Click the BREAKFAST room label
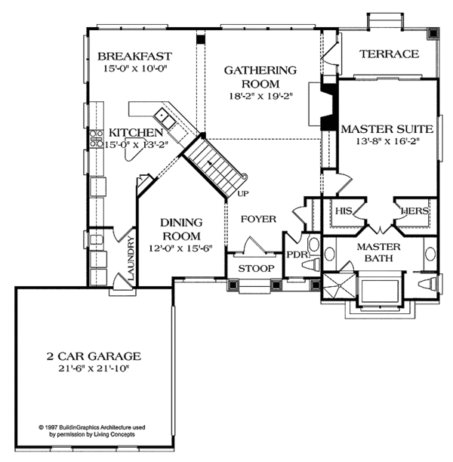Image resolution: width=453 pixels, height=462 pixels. (x=134, y=56)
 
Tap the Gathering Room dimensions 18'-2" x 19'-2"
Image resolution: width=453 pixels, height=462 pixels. (x=260, y=97)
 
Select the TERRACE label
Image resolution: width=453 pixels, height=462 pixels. (x=389, y=54)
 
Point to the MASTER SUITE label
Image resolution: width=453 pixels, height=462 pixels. (x=387, y=129)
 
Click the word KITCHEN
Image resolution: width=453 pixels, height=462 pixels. (x=136, y=133)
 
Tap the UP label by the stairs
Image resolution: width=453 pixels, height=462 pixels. (x=243, y=193)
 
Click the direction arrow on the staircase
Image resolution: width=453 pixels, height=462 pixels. (x=210, y=162)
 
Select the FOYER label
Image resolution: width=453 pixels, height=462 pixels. (x=258, y=219)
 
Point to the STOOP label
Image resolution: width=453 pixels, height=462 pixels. (x=256, y=269)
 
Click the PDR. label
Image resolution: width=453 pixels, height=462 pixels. (x=298, y=254)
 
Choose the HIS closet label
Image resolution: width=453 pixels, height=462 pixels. (x=344, y=211)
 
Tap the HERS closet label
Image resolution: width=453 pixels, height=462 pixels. (x=415, y=211)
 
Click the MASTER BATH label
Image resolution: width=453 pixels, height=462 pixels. (x=379, y=252)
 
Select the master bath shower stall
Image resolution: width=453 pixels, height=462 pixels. (x=340, y=285)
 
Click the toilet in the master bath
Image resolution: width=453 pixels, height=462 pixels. (x=427, y=285)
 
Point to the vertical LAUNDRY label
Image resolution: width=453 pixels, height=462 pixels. (x=131, y=258)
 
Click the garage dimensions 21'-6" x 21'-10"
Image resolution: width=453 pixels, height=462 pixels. (x=94, y=368)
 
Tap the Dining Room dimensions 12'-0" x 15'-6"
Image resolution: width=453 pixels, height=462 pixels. (x=180, y=248)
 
